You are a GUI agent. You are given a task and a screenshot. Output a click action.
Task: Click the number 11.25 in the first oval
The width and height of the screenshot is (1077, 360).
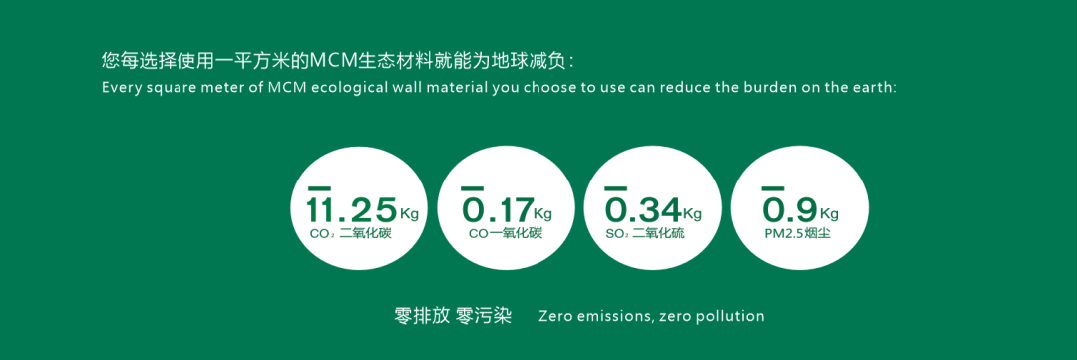(x=352, y=209)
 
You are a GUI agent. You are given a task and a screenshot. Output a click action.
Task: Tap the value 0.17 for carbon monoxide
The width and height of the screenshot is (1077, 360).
(x=496, y=209)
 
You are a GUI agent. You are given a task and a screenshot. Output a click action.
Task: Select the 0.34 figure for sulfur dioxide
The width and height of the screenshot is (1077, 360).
(x=643, y=209)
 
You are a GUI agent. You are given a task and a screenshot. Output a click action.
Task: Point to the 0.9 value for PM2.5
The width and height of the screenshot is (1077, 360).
(x=789, y=209)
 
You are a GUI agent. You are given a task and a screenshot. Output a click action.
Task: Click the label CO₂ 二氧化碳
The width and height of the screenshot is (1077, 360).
(x=350, y=234)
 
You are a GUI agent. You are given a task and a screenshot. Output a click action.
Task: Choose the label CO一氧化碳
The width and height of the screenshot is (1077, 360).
(x=506, y=234)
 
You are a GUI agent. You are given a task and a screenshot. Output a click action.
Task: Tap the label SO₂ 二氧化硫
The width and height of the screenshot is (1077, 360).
(x=645, y=234)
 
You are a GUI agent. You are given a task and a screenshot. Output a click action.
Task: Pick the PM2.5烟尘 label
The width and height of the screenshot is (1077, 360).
(x=798, y=234)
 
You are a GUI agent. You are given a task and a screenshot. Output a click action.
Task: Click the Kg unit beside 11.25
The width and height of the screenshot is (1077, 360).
(x=409, y=211)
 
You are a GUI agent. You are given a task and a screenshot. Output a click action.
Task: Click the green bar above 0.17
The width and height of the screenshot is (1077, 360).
(x=472, y=187)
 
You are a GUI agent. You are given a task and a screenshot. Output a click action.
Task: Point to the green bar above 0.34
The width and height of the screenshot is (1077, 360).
(x=616, y=187)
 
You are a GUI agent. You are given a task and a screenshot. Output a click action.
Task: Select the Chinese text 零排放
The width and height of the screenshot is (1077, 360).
(x=422, y=316)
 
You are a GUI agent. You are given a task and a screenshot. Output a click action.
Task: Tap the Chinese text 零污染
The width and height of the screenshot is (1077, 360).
(x=484, y=316)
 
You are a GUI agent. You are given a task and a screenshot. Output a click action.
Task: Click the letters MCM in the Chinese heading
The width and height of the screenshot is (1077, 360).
(x=331, y=61)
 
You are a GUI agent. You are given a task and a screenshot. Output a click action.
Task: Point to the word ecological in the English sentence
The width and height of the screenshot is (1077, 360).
(x=336, y=90)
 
